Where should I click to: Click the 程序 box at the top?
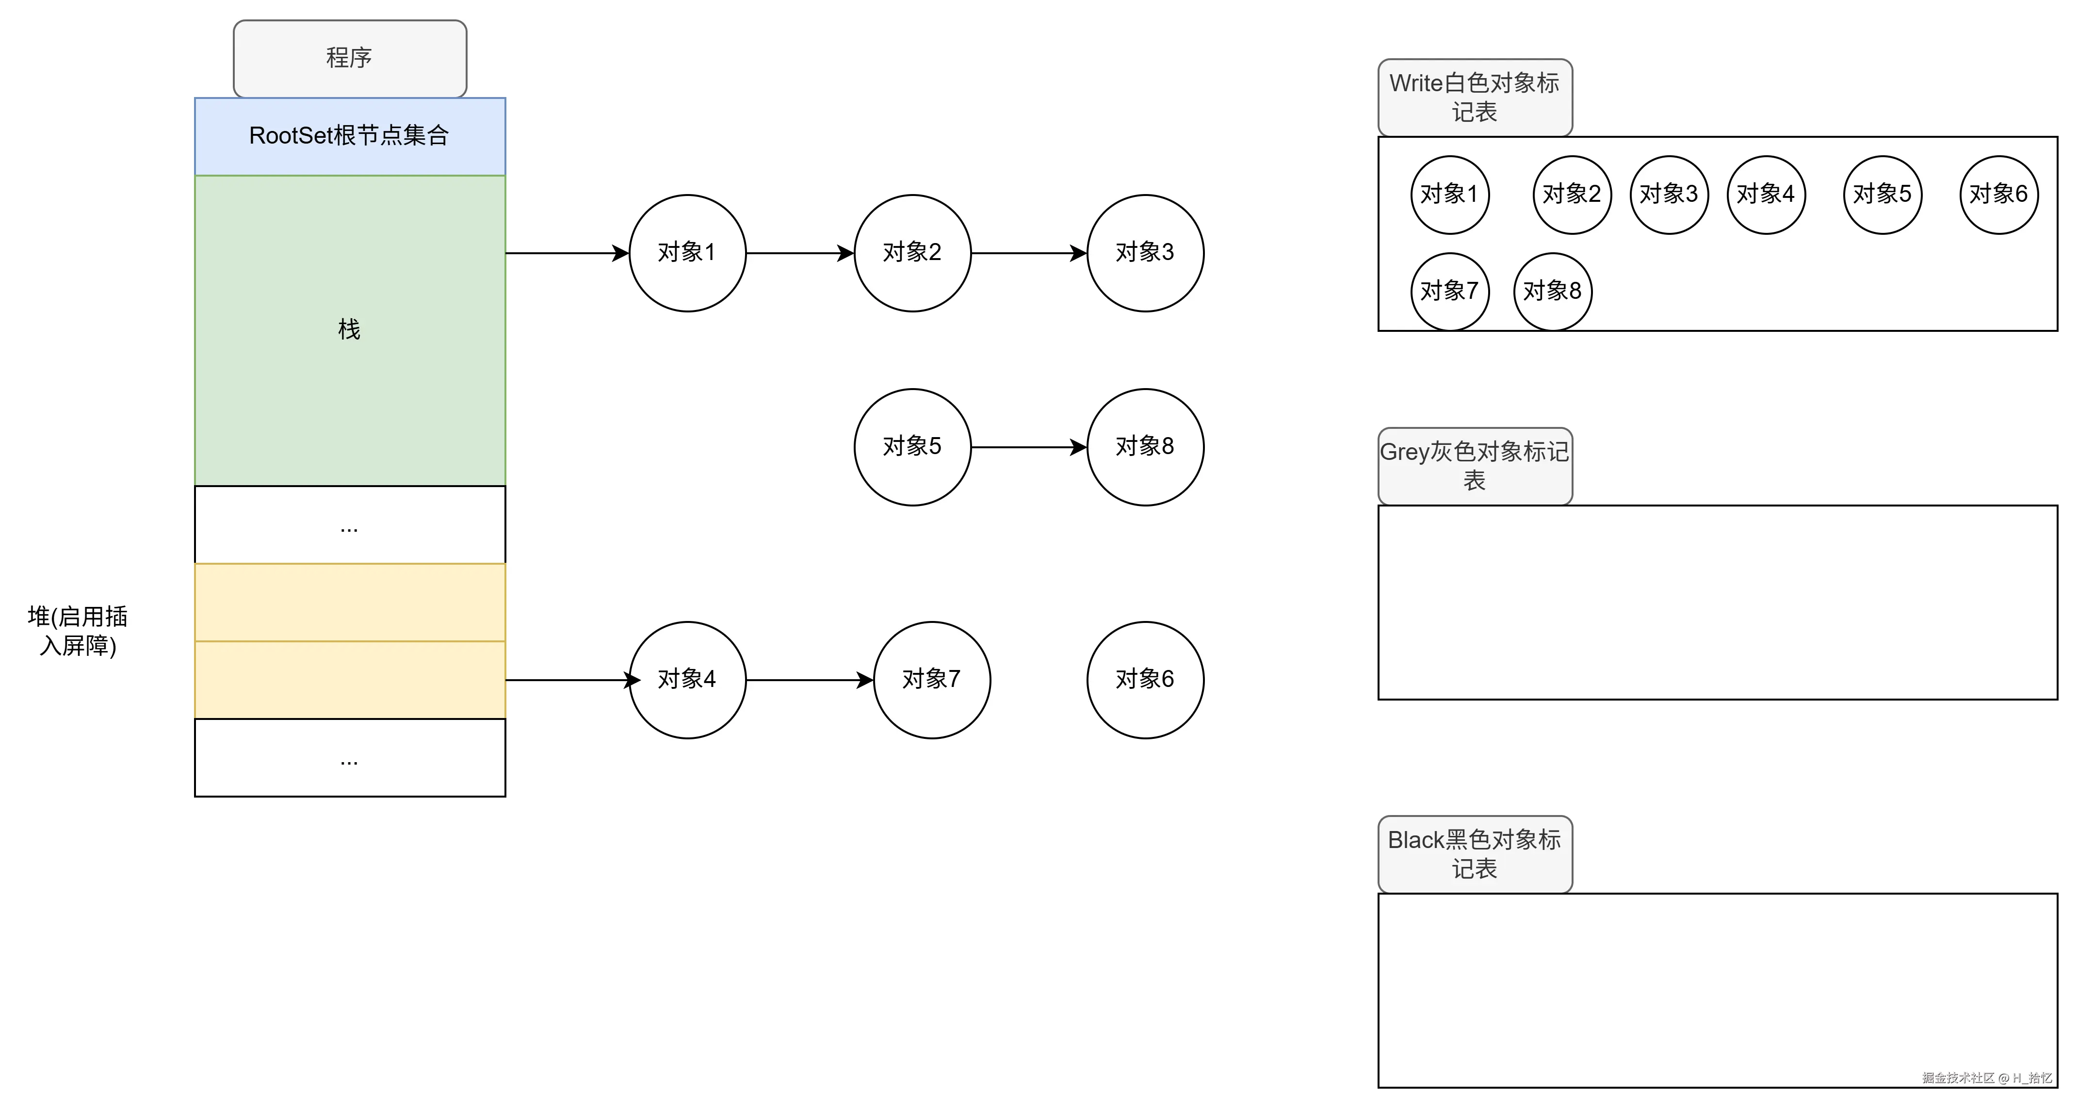[349, 58]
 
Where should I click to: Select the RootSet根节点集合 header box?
[349, 135]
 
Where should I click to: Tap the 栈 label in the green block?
[349, 329]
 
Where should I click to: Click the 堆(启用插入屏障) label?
[78, 631]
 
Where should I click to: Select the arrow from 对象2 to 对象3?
[1028, 253]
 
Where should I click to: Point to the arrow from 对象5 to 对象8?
[1028, 447]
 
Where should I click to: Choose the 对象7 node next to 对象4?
[932, 679]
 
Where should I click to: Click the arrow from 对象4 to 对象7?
[809, 680]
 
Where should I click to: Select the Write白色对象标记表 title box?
[1475, 97]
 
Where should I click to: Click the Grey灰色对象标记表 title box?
[1475, 465]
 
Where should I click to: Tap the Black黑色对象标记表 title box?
[1475, 853]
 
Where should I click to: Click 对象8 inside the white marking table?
[1552, 291]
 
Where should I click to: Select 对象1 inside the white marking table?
[1449, 195]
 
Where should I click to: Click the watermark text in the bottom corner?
[1986, 1077]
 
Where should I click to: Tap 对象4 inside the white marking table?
[1765, 195]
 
